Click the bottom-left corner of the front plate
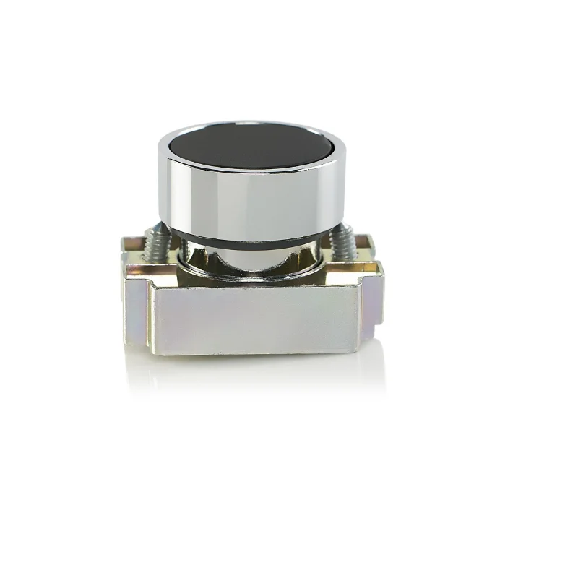[152, 352]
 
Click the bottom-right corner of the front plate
[356, 352]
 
